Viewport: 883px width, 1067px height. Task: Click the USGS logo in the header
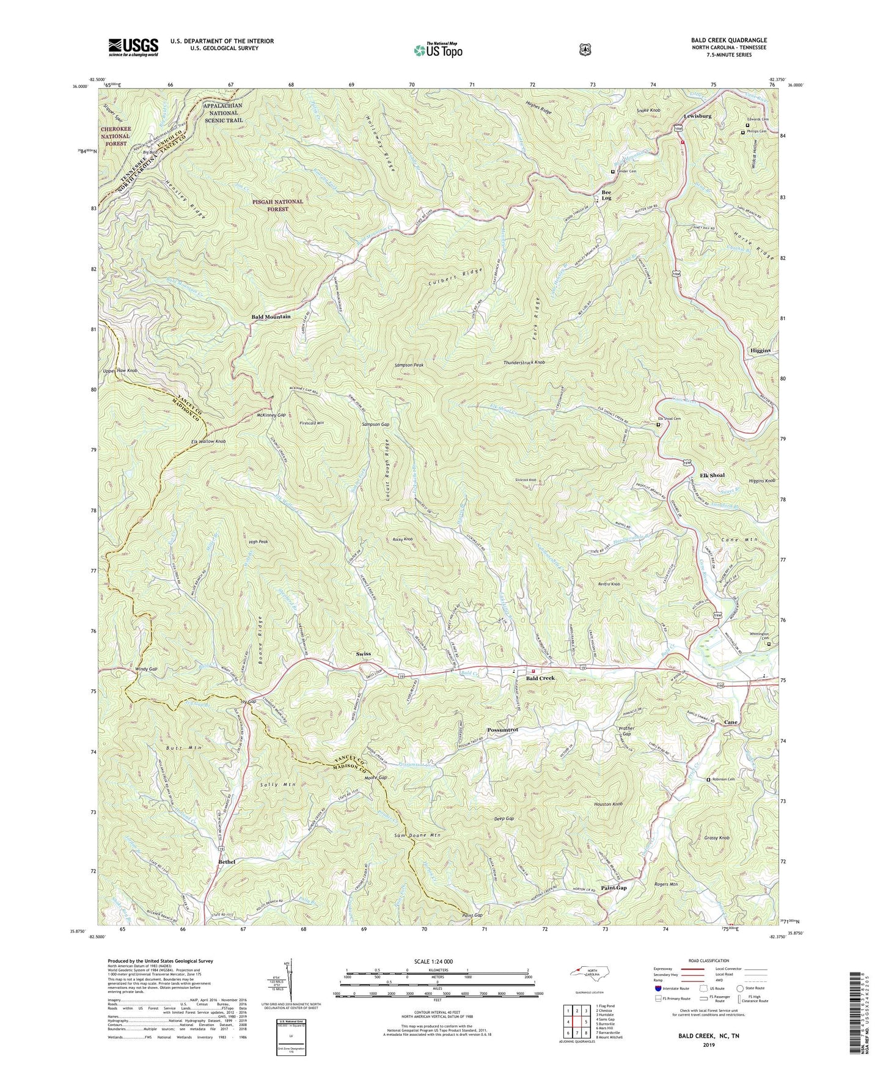coord(133,47)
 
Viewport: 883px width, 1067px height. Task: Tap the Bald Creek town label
coord(541,678)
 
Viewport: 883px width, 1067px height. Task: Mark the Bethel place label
coord(226,862)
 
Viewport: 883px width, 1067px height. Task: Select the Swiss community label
coord(363,654)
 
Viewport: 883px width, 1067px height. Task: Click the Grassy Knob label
coord(716,838)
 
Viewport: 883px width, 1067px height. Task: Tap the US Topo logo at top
coord(436,49)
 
